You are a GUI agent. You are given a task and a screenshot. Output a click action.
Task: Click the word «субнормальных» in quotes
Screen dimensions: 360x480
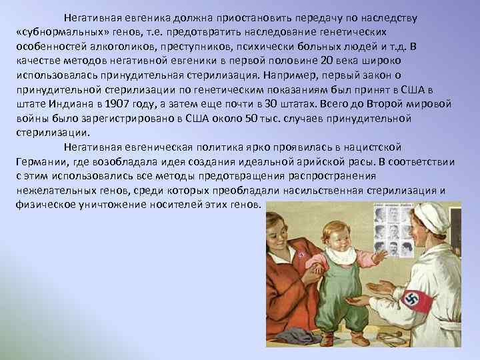[59, 33]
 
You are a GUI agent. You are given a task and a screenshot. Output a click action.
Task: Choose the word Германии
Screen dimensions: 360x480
[38, 162]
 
